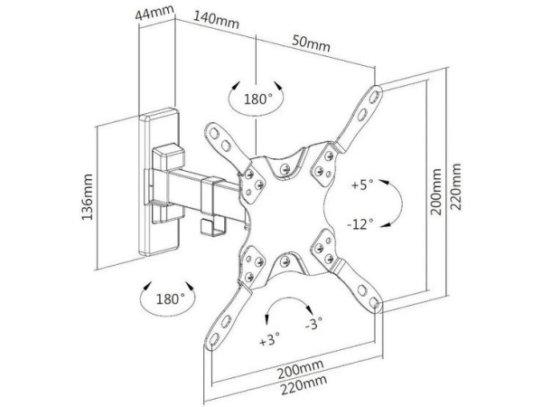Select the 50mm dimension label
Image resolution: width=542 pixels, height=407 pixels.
[x=311, y=43]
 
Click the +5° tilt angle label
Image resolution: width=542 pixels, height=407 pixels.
[x=361, y=185]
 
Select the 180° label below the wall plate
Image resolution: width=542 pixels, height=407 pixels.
[x=169, y=297]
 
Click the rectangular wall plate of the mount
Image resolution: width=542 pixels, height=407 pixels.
[x=160, y=185]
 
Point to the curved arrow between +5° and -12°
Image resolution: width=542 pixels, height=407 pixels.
[x=389, y=203]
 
